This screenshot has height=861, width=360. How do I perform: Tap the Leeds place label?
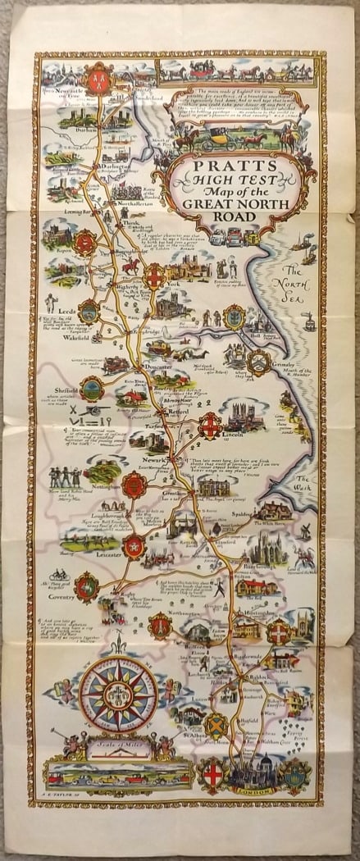(67, 312)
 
